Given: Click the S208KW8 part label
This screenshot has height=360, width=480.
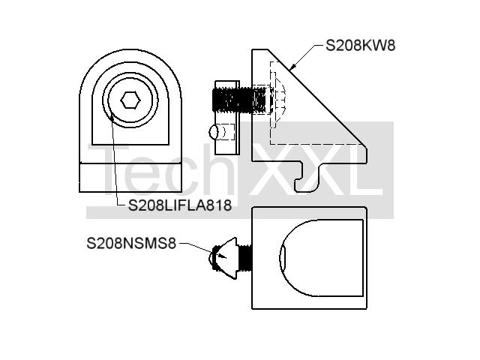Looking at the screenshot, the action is pyautogui.click(x=360, y=45).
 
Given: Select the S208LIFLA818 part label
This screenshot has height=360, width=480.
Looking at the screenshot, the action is pyautogui.click(x=180, y=205).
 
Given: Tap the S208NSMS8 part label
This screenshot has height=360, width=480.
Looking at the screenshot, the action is pyautogui.click(x=131, y=243).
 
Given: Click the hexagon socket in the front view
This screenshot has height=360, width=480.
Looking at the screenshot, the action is pyautogui.click(x=130, y=100).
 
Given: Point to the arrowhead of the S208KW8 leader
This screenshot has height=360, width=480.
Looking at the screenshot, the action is pyautogui.click(x=292, y=67).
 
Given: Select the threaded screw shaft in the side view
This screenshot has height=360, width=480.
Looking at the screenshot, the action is pyautogui.click(x=239, y=100).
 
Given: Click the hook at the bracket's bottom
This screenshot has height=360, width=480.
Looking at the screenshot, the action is pyautogui.click(x=308, y=178).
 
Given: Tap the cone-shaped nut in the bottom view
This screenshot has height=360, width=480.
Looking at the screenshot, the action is pyautogui.click(x=226, y=258).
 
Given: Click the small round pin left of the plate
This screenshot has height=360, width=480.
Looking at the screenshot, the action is pyautogui.click(x=214, y=133).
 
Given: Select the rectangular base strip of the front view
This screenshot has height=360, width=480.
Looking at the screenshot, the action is pyautogui.click(x=130, y=178).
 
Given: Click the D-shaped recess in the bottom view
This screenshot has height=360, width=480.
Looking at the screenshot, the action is pyautogui.click(x=322, y=258).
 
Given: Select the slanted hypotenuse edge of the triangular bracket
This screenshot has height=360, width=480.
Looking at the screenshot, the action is pyautogui.click(x=317, y=98).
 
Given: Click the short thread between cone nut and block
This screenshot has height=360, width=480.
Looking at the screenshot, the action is pyautogui.click(x=244, y=258).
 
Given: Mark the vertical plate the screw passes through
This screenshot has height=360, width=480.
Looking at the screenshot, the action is pyautogui.click(x=227, y=118).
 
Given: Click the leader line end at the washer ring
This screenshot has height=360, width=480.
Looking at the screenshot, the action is pyautogui.click(x=112, y=115).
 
